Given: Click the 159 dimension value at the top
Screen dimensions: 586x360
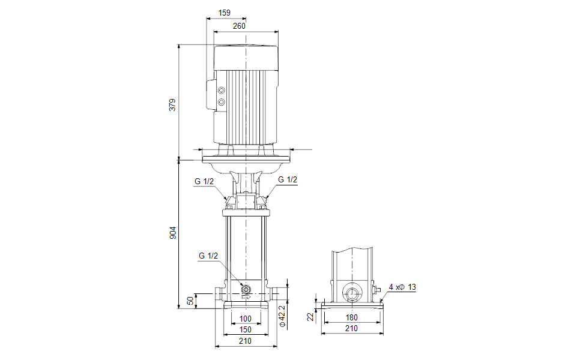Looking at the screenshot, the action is tap(224, 13).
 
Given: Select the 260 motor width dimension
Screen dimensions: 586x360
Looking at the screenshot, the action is tap(239, 26).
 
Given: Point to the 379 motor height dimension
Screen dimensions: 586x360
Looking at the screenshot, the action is tap(172, 105).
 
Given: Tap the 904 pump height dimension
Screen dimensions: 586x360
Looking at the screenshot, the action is tap(173, 233).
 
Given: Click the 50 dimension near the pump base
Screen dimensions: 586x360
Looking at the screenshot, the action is tap(190, 301).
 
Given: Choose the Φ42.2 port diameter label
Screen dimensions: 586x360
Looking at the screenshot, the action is tap(283, 316).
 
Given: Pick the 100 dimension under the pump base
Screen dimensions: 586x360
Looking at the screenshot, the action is tap(246, 319).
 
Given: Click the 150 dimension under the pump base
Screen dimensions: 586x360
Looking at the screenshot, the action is tap(246, 330).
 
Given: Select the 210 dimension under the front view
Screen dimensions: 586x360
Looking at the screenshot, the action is tap(246, 341).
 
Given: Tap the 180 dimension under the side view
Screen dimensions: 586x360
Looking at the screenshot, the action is tap(352, 318).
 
